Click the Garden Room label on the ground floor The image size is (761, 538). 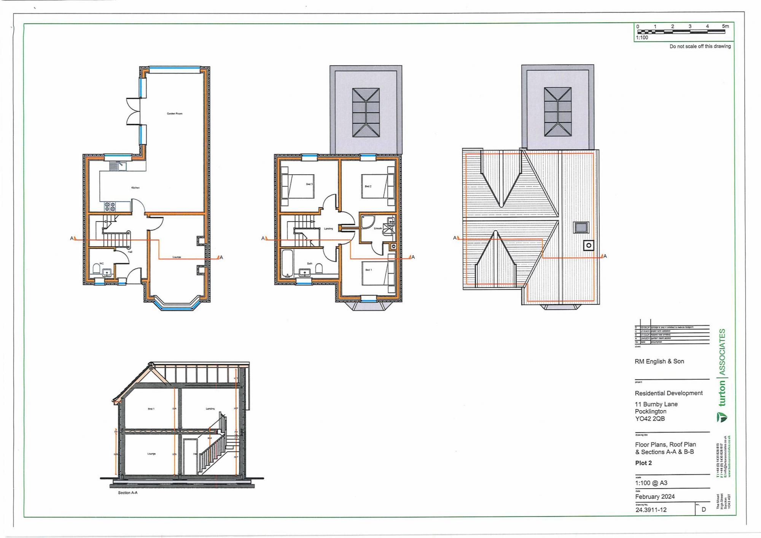pos(175,113)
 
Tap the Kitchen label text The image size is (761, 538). pos(135,188)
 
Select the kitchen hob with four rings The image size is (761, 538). pos(110,206)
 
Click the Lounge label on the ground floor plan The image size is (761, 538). pos(177,257)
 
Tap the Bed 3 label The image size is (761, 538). pos(309,184)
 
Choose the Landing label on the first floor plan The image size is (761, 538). pos(328,229)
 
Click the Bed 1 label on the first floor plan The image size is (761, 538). pos(368,270)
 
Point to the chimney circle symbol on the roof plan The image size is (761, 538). pos(589,245)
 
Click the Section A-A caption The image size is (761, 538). pos(127,493)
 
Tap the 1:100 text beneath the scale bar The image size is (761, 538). pos(642,38)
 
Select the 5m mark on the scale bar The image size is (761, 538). pos(725,26)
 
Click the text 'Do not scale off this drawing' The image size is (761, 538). pos(700,46)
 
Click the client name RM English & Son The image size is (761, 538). pos(659,361)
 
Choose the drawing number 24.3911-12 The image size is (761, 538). pos(651,510)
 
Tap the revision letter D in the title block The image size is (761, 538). pos(704,509)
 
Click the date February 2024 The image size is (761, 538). pos(654,497)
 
